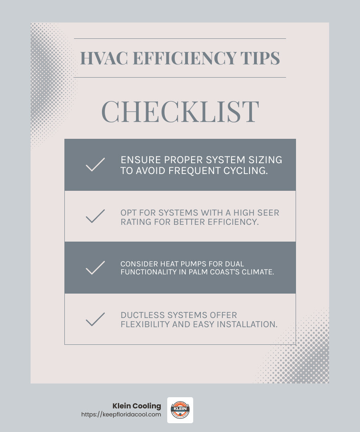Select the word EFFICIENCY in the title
click(x=184, y=58)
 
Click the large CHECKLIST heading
click(x=180, y=112)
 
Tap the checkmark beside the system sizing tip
click(x=95, y=165)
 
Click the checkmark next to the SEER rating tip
click(x=95, y=216)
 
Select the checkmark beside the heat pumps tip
click(x=95, y=268)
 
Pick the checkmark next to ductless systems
click(x=95, y=319)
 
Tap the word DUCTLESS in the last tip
click(x=140, y=315)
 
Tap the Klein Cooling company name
click(x=137, y=406)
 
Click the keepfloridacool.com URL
click(x=121, y=414)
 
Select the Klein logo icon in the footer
click(x=180, y=410)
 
